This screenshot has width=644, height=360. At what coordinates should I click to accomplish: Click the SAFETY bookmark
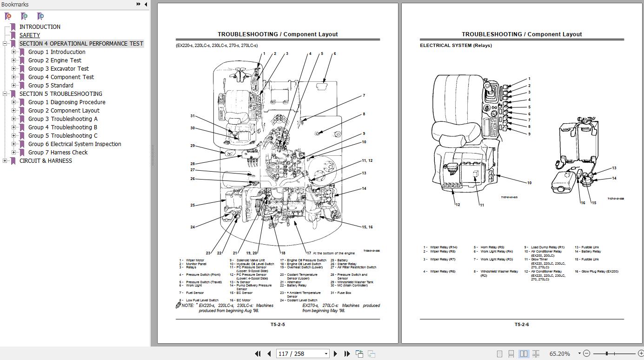pyautogui.click(x=30, y=35)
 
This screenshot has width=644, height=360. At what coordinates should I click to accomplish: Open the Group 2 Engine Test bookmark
pyautogui.click(x=54, y=60)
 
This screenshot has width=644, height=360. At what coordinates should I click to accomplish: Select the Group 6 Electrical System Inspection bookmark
pyautogui.click(x=74, y=144)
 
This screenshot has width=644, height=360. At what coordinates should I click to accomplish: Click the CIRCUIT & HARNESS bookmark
pyautogui.click(x=46, y=161)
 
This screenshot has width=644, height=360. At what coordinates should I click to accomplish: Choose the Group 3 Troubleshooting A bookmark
pyautogui.click(x=63, y=119)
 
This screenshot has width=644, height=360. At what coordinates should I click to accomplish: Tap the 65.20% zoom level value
pyautogui.click(x=559, y=353)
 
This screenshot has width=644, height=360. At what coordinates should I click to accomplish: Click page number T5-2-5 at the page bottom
pyautogui.click(x=278, y=324)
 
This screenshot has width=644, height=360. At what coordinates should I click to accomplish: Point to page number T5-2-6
pyautogui.click(x=522, y=324)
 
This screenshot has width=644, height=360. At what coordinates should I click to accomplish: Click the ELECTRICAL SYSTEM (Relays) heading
pyautogui.click(x=456, y=46)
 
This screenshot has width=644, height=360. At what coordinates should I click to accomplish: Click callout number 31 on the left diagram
pyautogui.click(x=193, y=116)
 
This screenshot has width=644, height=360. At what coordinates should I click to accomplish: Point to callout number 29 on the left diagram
pyautogui.click(x=193, y=146)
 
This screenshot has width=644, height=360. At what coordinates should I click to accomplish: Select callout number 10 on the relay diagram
pyautogui.click(x=529, y=183)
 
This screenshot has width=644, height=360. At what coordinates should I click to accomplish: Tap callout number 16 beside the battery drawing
pyautogui.click(x=583, y=203)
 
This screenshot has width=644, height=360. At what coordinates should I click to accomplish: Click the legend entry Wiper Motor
pyautogui.click(x=195, y=260)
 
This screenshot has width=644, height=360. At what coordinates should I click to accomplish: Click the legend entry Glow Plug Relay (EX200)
pyautogui.click(x=600, y=272)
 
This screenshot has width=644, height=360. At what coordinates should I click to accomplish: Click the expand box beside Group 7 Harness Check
pyautogui.click(x=14, y=153)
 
